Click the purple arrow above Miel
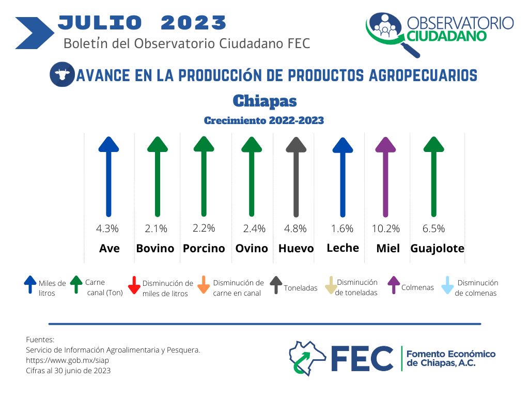click(385, 177)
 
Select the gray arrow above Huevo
click(296, 177)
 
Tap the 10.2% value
click(385, 228)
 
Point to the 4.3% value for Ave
click(107, 228)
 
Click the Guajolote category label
click(437, 249)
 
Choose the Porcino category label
click(204, 249)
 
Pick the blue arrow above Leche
click(343, 177)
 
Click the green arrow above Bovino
click(158, 177)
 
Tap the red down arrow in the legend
click(134, 285)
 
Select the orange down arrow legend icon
click(204, 285)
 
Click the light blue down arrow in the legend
click(447, 285)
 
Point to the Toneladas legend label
click(301, 288)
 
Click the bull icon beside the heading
click(62, 74)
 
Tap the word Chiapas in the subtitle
click(265, 101)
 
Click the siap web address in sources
click(68, 360)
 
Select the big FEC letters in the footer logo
click(362, 358)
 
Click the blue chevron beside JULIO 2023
click(35, 33)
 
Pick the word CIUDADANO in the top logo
click(446, 36)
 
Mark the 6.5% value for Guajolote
click(433, 228)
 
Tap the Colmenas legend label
click(417, 287)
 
